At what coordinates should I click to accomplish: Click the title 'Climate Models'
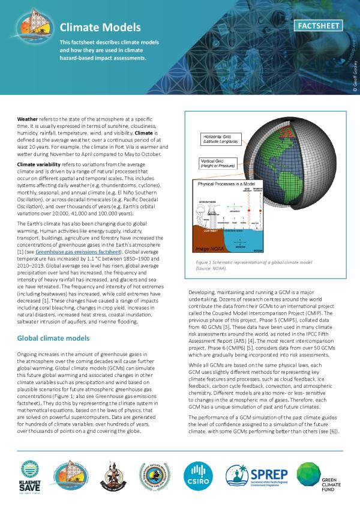coord(100,28)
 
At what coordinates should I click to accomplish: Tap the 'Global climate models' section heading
coord(53,339)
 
